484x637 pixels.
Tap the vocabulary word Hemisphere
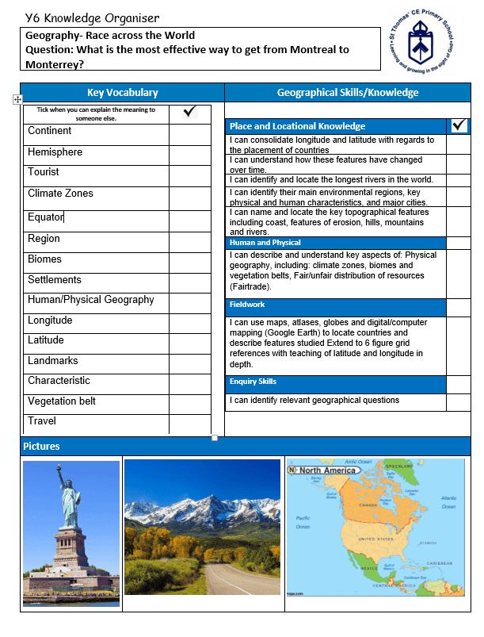pyautogui.click(x=55, y=152)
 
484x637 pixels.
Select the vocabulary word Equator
pyautogui.click(x=45, y=217)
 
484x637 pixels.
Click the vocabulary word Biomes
pyautogui.click(x=44, y=259)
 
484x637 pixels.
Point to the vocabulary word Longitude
pyautogui.click(x=50, y=320)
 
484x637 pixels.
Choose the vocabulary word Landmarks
pyautogui.click(x=52, y=361)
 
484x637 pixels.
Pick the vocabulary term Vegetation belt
pyautogui.click(x=62, y=401)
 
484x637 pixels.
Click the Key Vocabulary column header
pyautogui.click(x=122, y=93)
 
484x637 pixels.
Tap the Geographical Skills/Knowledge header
pyautogui.click(x=347, y=93)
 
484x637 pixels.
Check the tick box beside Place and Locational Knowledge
pyautogui.click(x=459, y=125)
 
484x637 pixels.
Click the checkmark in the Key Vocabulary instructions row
pyautogui.click(x=189, y=113)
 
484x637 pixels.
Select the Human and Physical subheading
pyautogui.click(x=265, y=243)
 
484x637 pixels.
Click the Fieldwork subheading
pyautogui.click(x=247, y=305)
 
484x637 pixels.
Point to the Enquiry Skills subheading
pyautogui.click(x=253, y=382)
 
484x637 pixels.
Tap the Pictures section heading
pyautogui.click(x=41, y=447)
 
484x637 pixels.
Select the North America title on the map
pyautogui.click(x=326, y=470)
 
